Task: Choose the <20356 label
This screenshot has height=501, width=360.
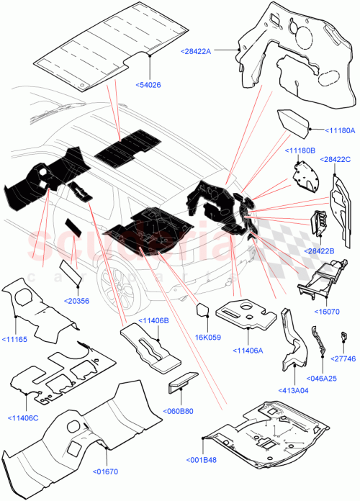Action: coord(77,300)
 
